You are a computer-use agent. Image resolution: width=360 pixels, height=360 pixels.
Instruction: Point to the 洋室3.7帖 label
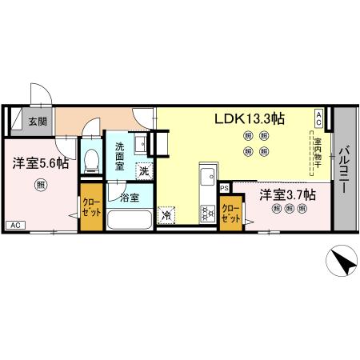pyautogui.click(x=286, y=194)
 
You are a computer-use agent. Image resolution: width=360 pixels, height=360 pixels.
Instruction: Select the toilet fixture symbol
pyautogui.click(x=91, y=160)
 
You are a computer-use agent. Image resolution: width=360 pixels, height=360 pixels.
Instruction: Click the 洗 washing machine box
pyautogui.click(x=144, y=170)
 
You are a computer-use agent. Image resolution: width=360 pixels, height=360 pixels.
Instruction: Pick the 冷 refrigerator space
pyautogui.click(x=166, y=215)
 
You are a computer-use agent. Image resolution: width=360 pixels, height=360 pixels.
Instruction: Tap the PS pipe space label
pyautogui.click(x=225, y=189)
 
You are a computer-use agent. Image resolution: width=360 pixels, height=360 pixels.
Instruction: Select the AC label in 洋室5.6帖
pyautogui.click(x=15, y=225)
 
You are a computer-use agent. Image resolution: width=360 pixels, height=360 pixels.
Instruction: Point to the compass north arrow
pyautogui.click(x=342, y=263)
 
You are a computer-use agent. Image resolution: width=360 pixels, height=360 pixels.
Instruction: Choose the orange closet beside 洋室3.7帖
pyautogui.click(x=232, y=213)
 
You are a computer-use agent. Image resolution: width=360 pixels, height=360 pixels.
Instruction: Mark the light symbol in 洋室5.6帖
pyautogui.click(x=39, y=186)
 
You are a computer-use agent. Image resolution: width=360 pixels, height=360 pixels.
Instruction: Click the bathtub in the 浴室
pyautogui.click(x=130, y=219)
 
